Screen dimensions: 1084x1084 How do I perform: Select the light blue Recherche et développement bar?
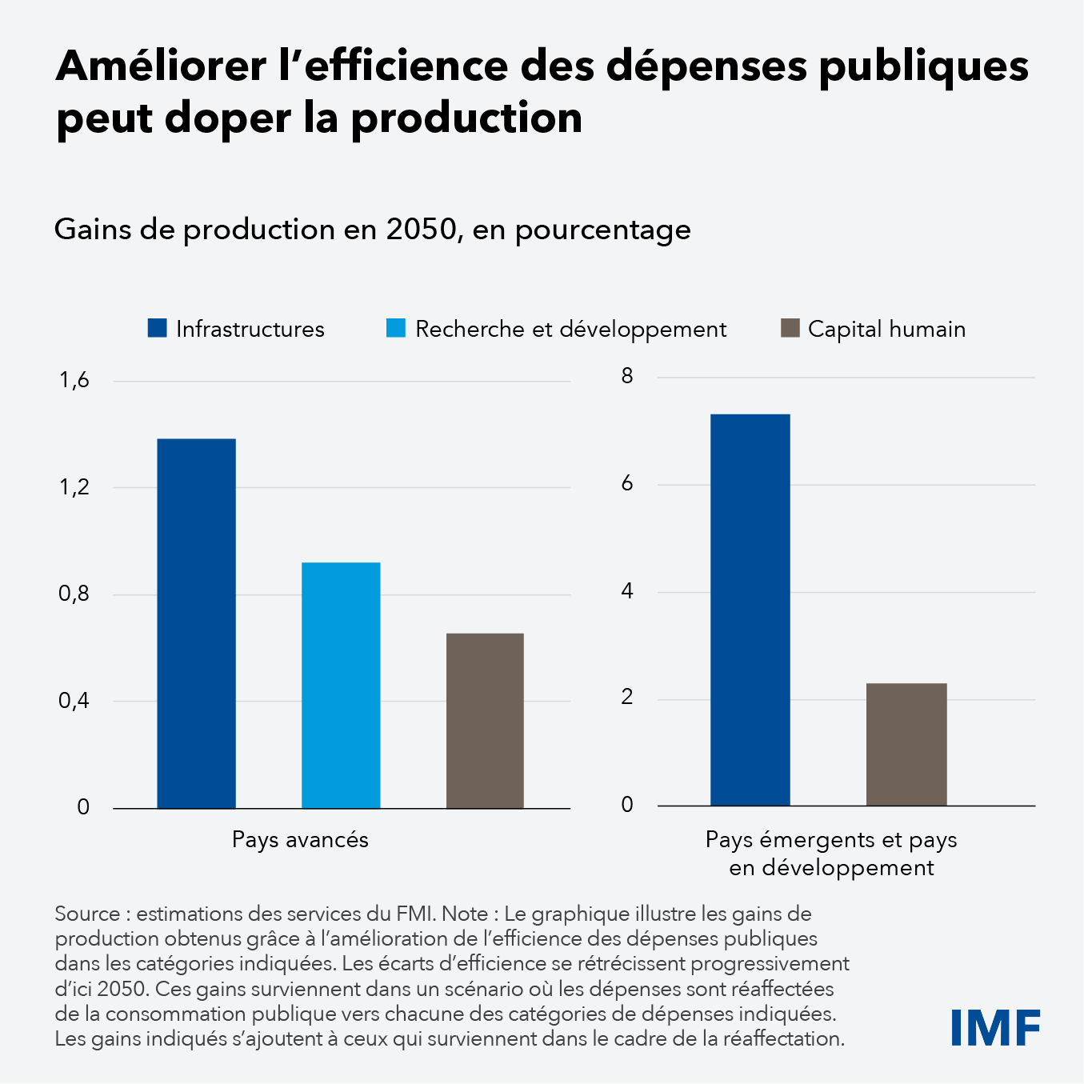click(x=341, y=685)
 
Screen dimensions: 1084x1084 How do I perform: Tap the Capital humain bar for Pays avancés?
click(x=485, y=720)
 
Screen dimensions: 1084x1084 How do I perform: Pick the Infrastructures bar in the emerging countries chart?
click(x=750, y=610)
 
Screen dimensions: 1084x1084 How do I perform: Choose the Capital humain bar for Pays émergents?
click(x=906, y=744)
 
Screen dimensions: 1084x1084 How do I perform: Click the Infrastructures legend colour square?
click(x=157, y=329)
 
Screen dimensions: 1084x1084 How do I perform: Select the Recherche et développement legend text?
click(x=570, y=329)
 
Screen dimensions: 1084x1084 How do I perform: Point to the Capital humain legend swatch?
click(x=790, y=329)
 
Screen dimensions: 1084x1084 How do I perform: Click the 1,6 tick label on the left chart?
click(x=74, y=381)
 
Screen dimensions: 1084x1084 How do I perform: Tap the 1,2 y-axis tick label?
click(x=74, y=487)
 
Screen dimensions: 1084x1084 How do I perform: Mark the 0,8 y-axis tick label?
click(x=74, y=594)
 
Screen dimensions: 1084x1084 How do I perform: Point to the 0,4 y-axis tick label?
click(x=74, y=701)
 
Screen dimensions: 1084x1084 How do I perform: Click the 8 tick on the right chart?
click(x=627, y=376)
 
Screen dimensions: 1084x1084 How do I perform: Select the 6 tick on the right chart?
click(x=627, y=484)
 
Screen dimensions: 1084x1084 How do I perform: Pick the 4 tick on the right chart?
click(x=627, y=591)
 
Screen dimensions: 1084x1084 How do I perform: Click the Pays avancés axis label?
click(x=300, y=839)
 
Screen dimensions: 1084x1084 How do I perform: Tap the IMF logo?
click(x=995, y=1027)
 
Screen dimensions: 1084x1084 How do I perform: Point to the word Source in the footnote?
click(x=86, y=914)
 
